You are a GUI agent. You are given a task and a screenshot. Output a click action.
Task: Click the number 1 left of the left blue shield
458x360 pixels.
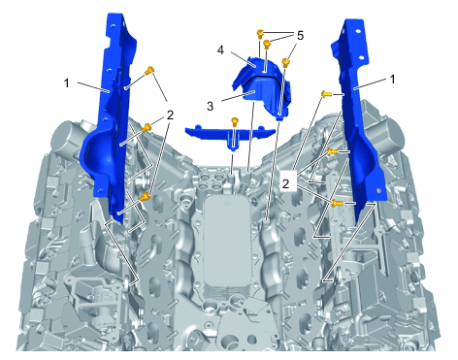(x=67, y=83)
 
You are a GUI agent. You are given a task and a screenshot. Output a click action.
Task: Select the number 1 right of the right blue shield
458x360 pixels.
(x=392, y=79)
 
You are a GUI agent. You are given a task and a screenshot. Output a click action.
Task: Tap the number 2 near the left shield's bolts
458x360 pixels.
(x=170, y=115)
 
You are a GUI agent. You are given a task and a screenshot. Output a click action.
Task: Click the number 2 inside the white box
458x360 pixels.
(x=285, y=183)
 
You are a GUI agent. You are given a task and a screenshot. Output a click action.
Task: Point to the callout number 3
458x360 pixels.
(x=211, y=106)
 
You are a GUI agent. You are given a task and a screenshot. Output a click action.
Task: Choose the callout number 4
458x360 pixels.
(x=220, y=50)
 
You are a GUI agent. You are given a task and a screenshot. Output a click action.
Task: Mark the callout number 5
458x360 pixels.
(x=300, y=36)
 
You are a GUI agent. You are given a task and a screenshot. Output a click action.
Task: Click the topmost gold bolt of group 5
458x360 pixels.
(x=260, y=33)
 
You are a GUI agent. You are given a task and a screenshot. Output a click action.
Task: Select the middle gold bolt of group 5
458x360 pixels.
(x=267, y=44)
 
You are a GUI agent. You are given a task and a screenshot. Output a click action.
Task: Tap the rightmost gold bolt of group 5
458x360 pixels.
(x=285, y=62)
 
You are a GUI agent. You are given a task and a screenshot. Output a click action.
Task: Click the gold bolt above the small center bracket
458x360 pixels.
(x=235, y=122)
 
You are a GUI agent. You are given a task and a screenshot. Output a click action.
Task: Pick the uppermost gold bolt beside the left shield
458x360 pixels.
(x=149, y=70)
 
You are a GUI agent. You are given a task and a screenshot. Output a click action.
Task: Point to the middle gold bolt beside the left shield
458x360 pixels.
(x=147, y=127)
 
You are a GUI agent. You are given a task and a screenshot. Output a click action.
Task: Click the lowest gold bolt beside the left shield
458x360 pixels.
(x=146, y=196)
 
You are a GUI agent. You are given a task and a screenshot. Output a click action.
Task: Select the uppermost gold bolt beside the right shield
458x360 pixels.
(x=326, y=94)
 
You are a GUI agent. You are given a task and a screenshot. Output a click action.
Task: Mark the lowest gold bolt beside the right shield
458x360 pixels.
(x=337, y=203)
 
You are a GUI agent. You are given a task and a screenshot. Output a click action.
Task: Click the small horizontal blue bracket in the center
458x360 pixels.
(x=230, y=135)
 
